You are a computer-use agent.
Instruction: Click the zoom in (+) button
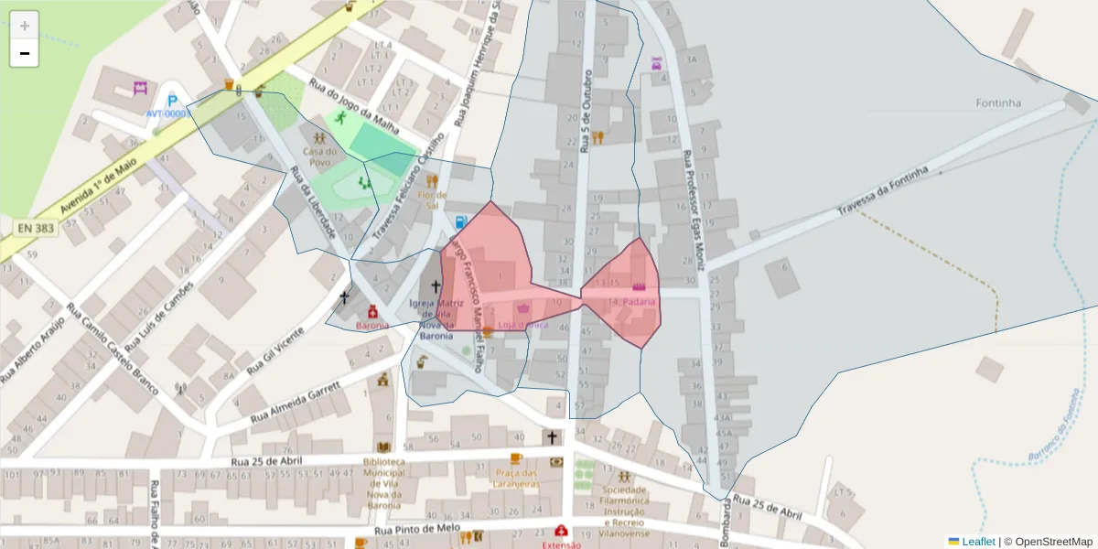(x=24, y=25)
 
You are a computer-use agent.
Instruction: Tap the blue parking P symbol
(x=171, y=100)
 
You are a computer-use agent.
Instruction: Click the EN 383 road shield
(x=34, y=225)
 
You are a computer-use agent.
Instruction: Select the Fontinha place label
(x=997, y=103)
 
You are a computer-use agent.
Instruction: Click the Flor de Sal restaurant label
(x=432, y=199)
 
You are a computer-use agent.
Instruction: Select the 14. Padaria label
(x=632, y=301)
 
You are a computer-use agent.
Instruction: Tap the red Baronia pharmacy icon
(x=372, y=311)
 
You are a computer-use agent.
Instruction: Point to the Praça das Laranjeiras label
(x=515, y=478)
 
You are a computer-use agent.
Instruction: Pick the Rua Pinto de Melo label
(x=417, y=530)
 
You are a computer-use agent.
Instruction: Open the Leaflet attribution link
(x=978, y=542)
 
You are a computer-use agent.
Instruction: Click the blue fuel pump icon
(x=460, y=221)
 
